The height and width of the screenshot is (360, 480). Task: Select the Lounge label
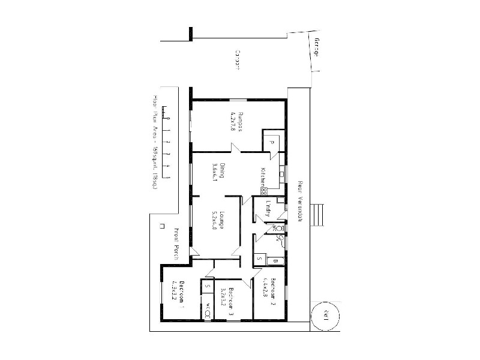click(221, 220)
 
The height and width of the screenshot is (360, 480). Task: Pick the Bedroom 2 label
click(272, 292)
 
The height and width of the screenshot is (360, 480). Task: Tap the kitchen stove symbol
click(263, 190)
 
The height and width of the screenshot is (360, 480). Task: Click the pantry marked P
click(271, 142)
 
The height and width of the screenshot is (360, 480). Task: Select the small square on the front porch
click(163, 226)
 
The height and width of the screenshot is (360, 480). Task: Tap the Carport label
click(238, 61)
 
